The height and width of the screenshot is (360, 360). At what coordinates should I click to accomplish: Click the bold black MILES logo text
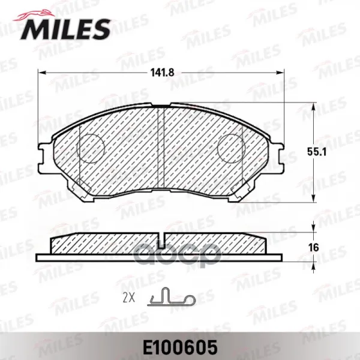click(x=65, y=29)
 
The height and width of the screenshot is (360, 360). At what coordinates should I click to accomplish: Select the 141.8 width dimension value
click(x=163, y=73)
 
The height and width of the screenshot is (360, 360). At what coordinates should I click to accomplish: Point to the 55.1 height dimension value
click(x=317, y=152)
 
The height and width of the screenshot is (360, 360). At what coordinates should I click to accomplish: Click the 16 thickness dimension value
click(x=314, y=248)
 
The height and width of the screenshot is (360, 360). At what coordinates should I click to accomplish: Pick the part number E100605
click(x=180, y=347)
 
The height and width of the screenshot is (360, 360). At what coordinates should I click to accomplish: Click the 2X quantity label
click(x=128, y=298)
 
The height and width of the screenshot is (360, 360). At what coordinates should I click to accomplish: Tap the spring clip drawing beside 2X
click(x=172, y=296)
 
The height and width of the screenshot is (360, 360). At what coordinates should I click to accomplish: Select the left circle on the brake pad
click(x=91, y=148)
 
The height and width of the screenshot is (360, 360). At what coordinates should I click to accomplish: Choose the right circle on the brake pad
click(x=231, y=148)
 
